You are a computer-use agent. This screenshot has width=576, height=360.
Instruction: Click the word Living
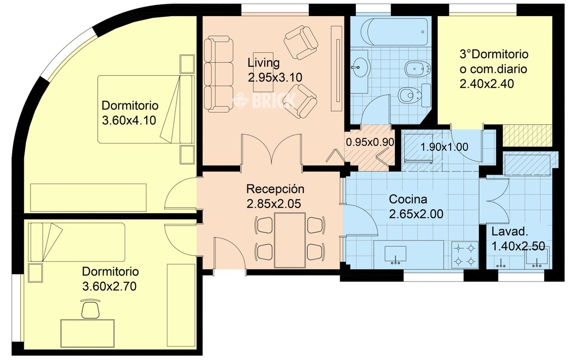[x=264, y=63]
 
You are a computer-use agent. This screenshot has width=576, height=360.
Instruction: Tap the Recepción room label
[x=275, y=189]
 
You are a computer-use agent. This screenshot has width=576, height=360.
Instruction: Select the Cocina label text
[x=408, y=199]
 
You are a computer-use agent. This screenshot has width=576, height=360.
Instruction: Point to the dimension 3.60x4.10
[x=129, y=120]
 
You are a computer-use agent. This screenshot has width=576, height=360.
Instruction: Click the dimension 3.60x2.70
[x=109, y=286]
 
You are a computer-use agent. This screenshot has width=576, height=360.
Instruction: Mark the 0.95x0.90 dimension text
[x=370, y=142]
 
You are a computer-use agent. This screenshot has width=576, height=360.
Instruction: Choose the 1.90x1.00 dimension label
[x=444, y=147]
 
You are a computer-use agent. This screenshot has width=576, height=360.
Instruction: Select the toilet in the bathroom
[x=414, y=95]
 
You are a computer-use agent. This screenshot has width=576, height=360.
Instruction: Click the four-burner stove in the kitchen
[x=465, y=255]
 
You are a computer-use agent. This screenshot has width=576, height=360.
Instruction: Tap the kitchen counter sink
[x=395, y=255]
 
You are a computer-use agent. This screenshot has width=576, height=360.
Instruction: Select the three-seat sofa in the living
[x=219, y=74]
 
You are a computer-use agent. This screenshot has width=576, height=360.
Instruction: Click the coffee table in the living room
[x=263, y=72]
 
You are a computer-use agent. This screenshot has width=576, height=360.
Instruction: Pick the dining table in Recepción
[x=290, y=240]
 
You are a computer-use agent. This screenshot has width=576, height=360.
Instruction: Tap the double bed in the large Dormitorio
[x=146, y=109]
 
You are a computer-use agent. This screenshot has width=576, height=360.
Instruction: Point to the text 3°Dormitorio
[x=494, y=54]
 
